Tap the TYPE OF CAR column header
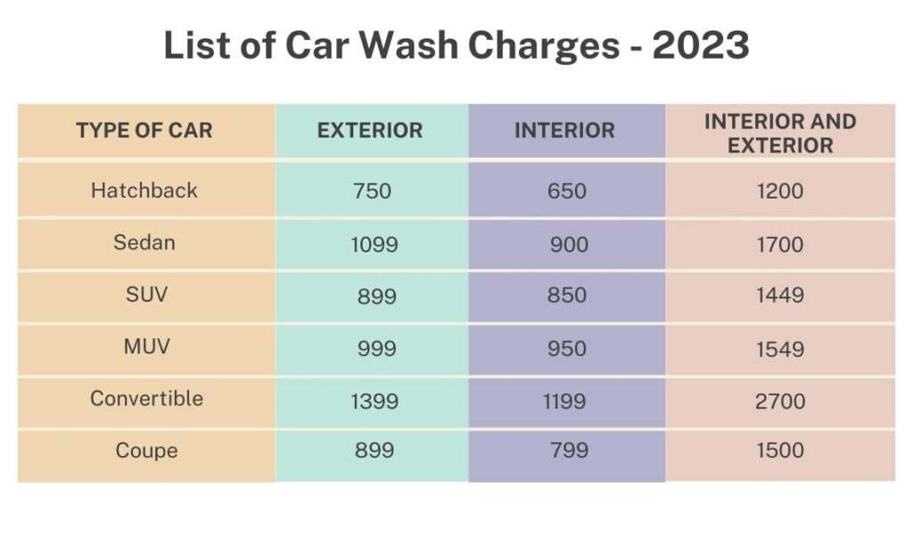[x=144, y=131]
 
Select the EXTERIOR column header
[x=370, y=131]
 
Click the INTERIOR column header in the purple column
[x=564, y=131]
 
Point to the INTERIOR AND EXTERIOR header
[x=780, y=134]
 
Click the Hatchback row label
[x=144, y=191]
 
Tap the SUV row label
[x=146, y=295]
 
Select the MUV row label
[x=146, y=346]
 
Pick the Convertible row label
[x=146, y=398]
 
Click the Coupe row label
[x=146, y=451]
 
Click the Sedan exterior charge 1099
[x=374, y=245]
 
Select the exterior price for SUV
[x=375, y=296]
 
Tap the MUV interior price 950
[x=568, y=349]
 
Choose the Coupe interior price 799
[x=568, y=451]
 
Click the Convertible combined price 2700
[x=780, y=402]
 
